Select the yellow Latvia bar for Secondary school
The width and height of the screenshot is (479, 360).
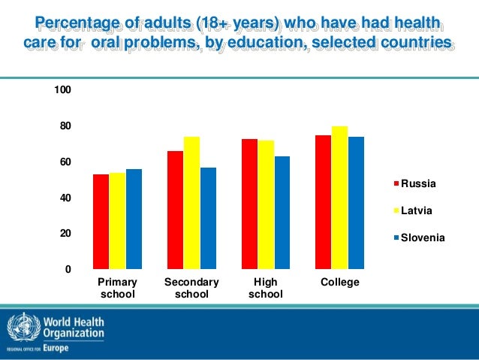tap(191, 202)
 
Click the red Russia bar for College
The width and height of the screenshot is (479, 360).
tap(323, 201)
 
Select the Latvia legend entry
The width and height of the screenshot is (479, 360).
tap(415, 210)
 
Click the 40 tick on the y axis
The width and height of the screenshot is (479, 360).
tap(65, 198)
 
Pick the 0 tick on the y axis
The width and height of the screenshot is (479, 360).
tap(68, 270)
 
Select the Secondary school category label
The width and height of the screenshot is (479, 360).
tap(191, 288)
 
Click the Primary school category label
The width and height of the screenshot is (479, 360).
tap(118, 288)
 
